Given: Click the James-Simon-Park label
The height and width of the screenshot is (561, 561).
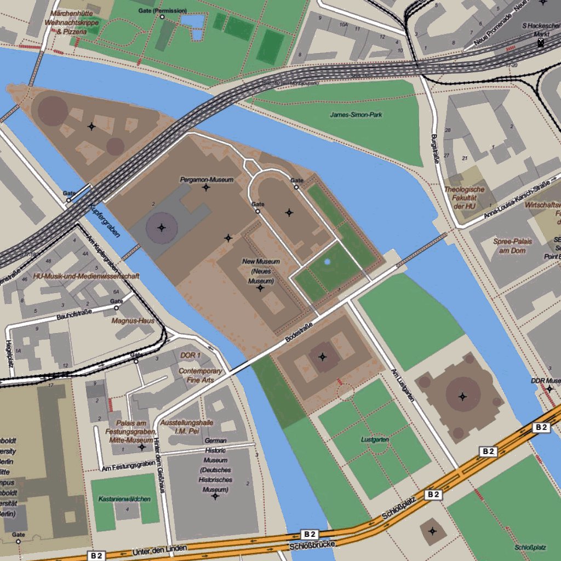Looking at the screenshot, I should click(356, 115).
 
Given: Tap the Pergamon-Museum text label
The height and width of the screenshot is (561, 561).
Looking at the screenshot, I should click(207, 180).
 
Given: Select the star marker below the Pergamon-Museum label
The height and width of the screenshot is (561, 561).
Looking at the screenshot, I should click(206, 188).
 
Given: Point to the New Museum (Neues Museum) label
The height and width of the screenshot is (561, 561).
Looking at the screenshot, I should click(261, 271).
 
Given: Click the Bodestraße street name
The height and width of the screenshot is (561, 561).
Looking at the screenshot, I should click(299, 333).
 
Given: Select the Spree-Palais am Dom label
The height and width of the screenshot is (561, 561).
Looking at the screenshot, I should click(510, 246).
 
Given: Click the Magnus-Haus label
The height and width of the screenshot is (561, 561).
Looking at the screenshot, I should click(133, 320).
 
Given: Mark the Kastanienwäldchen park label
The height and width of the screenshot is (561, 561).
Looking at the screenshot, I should click(125, 499).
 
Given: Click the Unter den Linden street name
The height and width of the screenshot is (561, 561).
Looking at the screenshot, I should click(160, 549).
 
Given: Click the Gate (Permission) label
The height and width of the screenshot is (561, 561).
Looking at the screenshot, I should click(163, 10).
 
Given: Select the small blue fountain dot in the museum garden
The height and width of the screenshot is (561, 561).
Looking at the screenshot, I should click(327, 262).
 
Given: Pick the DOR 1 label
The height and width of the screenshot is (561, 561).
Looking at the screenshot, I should click(191, 355).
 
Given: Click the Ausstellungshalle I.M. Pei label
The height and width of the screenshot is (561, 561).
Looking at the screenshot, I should click(187, 427).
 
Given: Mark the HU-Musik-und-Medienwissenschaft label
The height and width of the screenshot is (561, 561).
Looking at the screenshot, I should click(86, 276).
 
